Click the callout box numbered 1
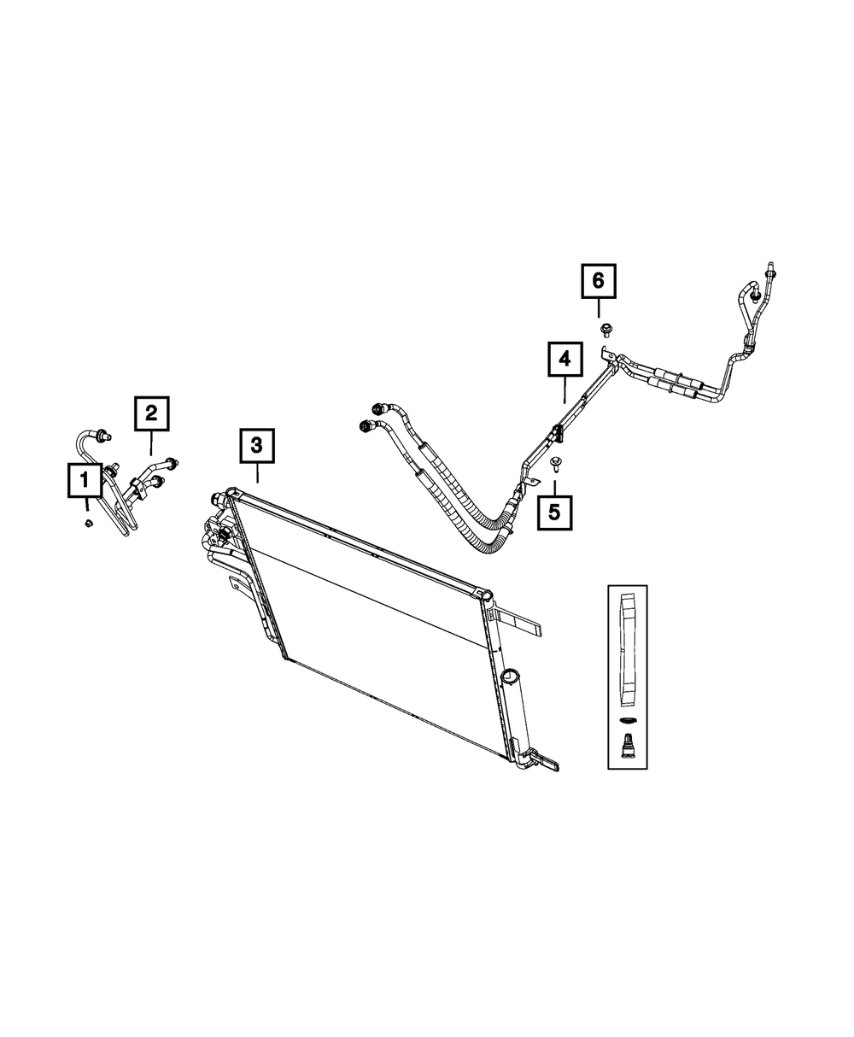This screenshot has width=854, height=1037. tap(85, 481)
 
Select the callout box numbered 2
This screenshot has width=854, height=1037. tap(151, 414)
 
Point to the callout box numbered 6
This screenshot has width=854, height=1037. tap(599, 279)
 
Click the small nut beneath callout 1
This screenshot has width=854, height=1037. tap(87, 523)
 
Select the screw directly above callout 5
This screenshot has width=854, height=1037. tap(555, 463)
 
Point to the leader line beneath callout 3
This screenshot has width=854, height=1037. tap(257, 472)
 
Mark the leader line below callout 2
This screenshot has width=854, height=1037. tap(151, 443)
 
